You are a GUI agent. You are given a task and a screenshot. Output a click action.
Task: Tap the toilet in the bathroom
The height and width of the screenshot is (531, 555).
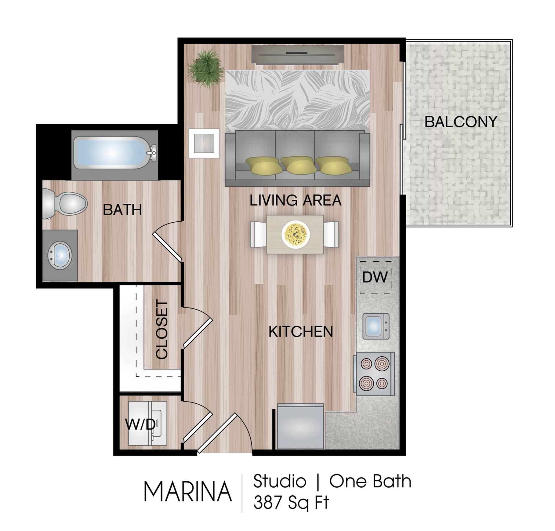click(x=64, y=203)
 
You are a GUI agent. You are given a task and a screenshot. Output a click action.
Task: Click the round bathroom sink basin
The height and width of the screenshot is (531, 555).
click(x=60, y=256)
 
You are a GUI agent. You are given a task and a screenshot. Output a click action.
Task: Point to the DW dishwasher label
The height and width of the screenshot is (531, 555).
click(x=375, y=277)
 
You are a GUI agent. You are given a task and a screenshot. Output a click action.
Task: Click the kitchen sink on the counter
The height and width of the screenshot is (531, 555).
click(x=376, y=326)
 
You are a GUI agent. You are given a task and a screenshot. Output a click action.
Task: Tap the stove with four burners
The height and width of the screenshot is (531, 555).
click(x=374, y=374)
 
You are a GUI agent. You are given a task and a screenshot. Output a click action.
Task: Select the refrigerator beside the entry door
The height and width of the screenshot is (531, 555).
click(x=300, y=427)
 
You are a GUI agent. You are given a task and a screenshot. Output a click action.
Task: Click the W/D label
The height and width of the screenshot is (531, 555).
click(x=140, y=424)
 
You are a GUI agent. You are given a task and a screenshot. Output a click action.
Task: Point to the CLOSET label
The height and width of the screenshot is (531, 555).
click(x=162, y=329)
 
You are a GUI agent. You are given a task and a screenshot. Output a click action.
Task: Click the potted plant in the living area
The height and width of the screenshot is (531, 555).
click(x=205, y=69)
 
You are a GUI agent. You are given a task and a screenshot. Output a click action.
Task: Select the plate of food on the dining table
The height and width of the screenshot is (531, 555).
click(x=296, y=234)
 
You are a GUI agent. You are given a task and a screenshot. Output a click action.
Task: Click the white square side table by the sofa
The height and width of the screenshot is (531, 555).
click(x=204, y=144)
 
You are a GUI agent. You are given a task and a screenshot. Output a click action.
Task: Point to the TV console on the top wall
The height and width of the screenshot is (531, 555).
click(x=297, y=55)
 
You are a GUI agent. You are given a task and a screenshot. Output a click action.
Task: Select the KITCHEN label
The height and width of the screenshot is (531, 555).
click(x=301, y=332)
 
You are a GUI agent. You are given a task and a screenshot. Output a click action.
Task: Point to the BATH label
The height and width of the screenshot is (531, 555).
click(x=122, y=210)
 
